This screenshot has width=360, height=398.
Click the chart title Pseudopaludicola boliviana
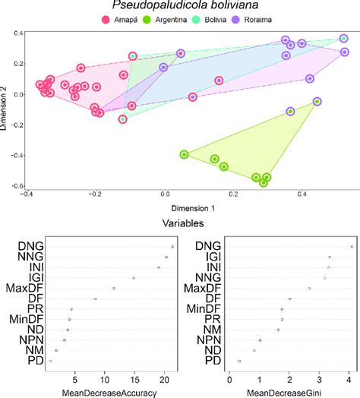click(180, 7)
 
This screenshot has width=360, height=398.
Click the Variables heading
click(180, 224)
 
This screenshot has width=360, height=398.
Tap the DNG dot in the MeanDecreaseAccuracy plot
click(172, 247)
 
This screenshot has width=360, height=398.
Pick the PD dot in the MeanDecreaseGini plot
click(239, 361)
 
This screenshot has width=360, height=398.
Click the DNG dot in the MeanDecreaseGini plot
click(351, 247)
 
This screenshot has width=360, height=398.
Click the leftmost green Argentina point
click(184, 154)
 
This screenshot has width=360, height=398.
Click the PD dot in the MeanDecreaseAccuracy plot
click(51, 361)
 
